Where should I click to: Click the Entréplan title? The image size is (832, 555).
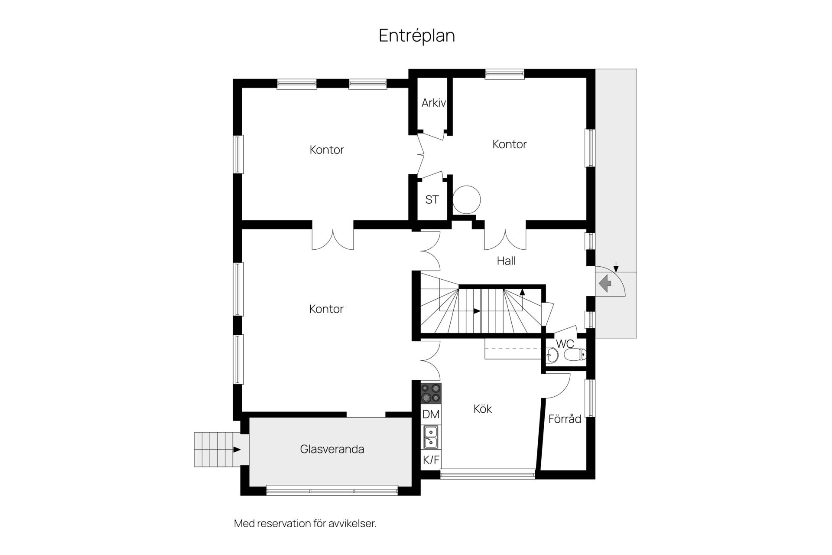417,36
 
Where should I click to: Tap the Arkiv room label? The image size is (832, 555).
434,103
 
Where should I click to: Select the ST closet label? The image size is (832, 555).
432,199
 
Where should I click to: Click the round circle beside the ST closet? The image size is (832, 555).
467,200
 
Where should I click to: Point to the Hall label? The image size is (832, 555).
506,261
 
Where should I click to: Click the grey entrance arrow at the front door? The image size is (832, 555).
605,284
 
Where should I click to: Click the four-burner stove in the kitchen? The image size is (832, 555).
431,393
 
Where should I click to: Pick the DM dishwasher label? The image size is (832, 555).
431,414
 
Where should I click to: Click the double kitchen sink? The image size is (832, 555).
431,437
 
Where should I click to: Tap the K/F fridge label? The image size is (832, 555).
431,460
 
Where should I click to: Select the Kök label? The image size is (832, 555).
483,409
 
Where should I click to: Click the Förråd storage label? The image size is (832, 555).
565,419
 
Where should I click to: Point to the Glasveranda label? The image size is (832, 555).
332,449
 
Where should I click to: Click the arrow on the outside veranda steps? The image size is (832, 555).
237,449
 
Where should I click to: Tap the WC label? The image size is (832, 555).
565,344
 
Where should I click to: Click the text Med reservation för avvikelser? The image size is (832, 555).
305,523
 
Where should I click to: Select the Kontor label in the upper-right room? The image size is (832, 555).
510,144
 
